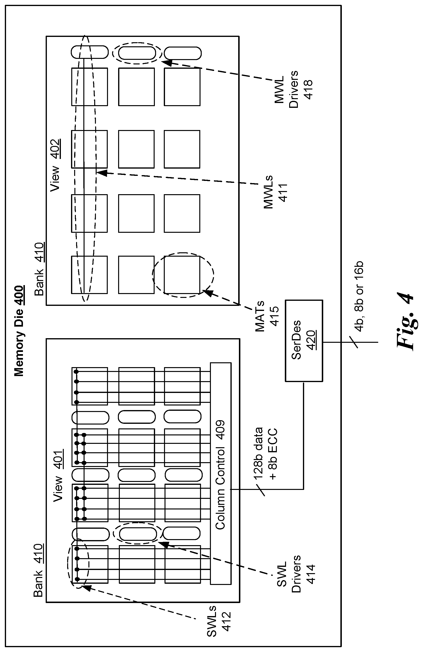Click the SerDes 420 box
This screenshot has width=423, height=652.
[x=304, y=341]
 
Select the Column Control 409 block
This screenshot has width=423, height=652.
[x=221, y=474]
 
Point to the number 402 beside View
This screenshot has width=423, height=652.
[x=55, y=149]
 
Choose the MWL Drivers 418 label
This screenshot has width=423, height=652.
[x=294, y=89]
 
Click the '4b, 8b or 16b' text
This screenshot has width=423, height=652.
[x=359, y=296]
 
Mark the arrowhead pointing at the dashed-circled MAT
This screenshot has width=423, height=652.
[x=207, y=292]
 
